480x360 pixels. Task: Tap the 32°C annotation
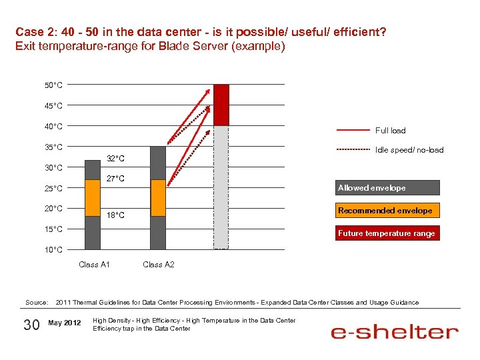[116, 159]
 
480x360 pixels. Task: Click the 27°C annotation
[116, 179]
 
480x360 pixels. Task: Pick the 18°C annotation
[116, 215]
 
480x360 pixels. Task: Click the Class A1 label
[94, 265]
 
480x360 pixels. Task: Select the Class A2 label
[159, 265]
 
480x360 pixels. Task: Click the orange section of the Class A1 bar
[93, 198]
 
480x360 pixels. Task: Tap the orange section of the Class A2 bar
[158, 198]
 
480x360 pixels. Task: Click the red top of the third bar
[221, 105]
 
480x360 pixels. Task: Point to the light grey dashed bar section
[221, 187]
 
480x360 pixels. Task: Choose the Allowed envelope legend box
[387, 188]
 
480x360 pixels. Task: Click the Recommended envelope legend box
[387, 211]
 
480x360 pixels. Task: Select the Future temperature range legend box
[387, 233]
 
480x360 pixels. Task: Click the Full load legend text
[390, 131]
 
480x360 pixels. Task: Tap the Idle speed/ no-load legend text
[409, 150]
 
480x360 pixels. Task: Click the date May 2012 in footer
[65, 323]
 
